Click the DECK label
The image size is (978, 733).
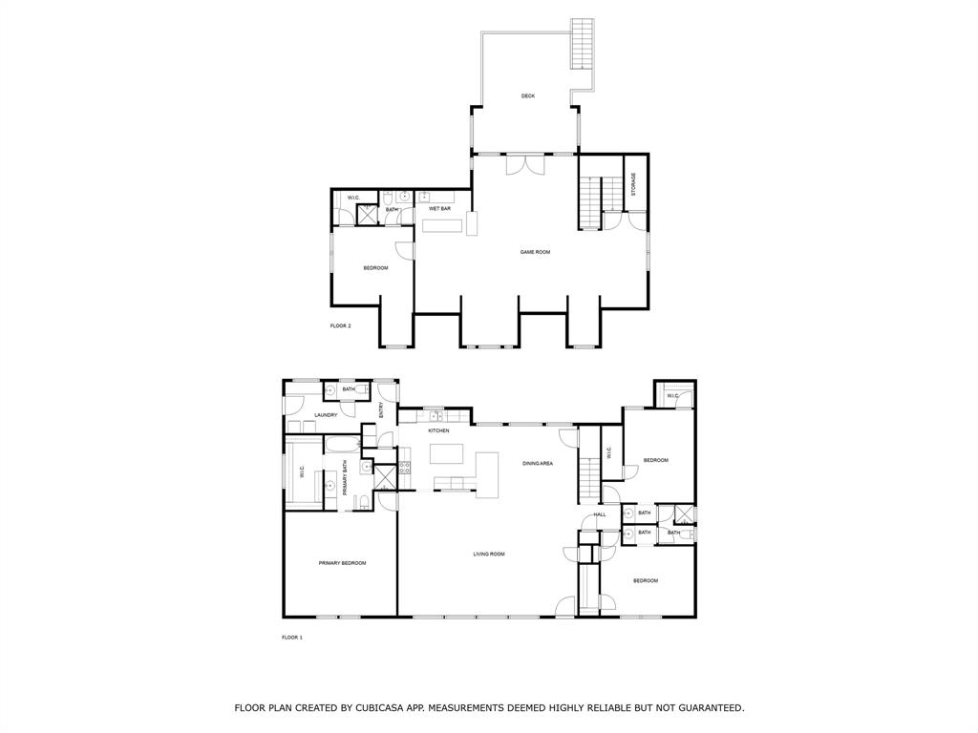pyautogui.click(x=527, y=96)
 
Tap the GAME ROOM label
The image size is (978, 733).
pyautogui.click(x=535, y=252)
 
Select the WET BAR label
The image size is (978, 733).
pyautogui.click(x=439, y=209)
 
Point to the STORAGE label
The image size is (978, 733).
pyautogui.click(x=633, y=184)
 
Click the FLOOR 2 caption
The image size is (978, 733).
pyautogui.click(x=340, y=325)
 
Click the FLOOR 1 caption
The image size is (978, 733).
pyautogui.click(x=292, y=638)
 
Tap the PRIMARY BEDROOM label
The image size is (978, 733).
pyautogui.click(x=342, y=563)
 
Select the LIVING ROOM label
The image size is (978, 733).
pyautogui.click(x=489, y=554)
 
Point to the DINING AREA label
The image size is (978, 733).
pyautogui.click(x=538, y=463)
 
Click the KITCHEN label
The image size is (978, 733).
pyautogui.click(x=438, y=430)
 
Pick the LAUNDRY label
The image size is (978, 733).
pyautogui.click(x=327, y=415)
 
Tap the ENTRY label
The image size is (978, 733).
pyautogui.click(x=381, y=409)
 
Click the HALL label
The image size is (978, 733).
pyautogui.click(x=600, y=514)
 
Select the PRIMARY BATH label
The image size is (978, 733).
pyautogui.click(x=344, y=478)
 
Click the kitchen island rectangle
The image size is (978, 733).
pyautogui.click(x=447, y=453)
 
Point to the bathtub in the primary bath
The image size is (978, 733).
pyautogui.click(x=342, y=445)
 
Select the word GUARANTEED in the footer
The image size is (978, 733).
pyautogui.click(x=712, y=707)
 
